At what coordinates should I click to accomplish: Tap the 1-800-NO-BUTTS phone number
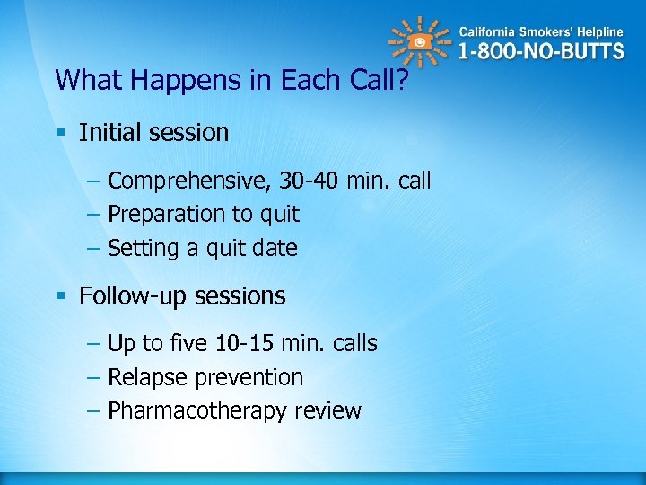click(x=541, y=50)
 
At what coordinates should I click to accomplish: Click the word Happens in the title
click(x=180, y=81)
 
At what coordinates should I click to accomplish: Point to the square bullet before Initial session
click(x=61, y=133)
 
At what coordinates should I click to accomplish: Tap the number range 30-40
click(x=307, y=181)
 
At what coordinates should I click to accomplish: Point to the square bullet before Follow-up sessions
click(x=61, y=296)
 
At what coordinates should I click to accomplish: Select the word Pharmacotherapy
click(x=186, y=411)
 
